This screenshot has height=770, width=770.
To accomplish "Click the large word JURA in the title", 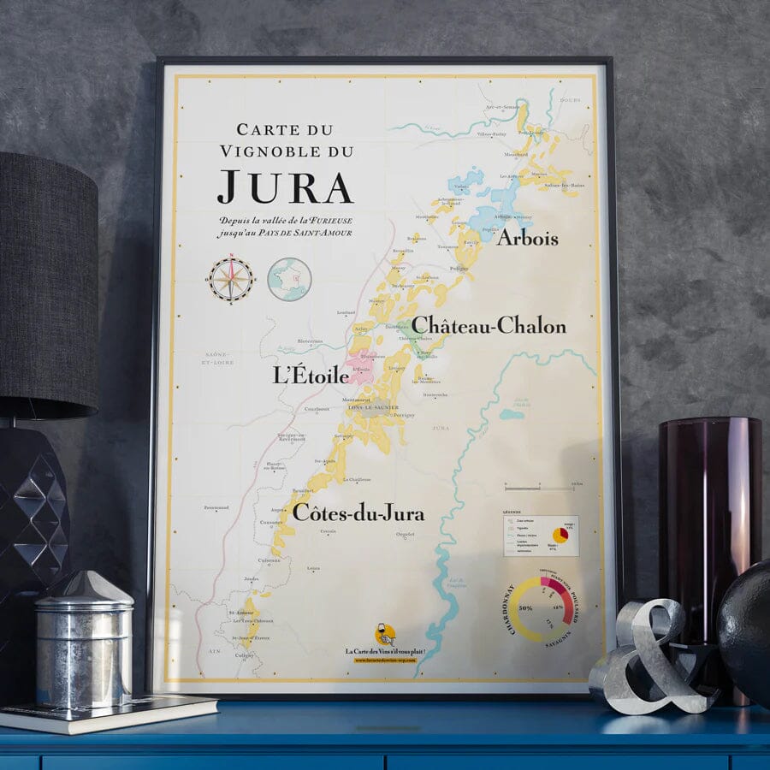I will point(284,187).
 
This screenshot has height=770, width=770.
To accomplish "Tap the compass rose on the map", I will point(231,280).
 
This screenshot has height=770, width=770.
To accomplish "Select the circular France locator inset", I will point(289,280).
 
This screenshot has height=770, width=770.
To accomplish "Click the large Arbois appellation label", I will point(527,237).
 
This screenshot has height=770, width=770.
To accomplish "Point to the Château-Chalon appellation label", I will point(489,326).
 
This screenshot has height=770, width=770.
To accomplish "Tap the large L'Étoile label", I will point(311,375).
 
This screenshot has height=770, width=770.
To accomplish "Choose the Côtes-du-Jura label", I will point(358,512).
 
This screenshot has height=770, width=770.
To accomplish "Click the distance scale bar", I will point(539,489).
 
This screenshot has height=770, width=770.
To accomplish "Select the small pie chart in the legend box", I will point(561,535).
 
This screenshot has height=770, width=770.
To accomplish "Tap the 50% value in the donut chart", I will point(526,608).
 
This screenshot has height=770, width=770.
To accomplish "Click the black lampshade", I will point(47,282).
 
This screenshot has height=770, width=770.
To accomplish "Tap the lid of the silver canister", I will point(84,591).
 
